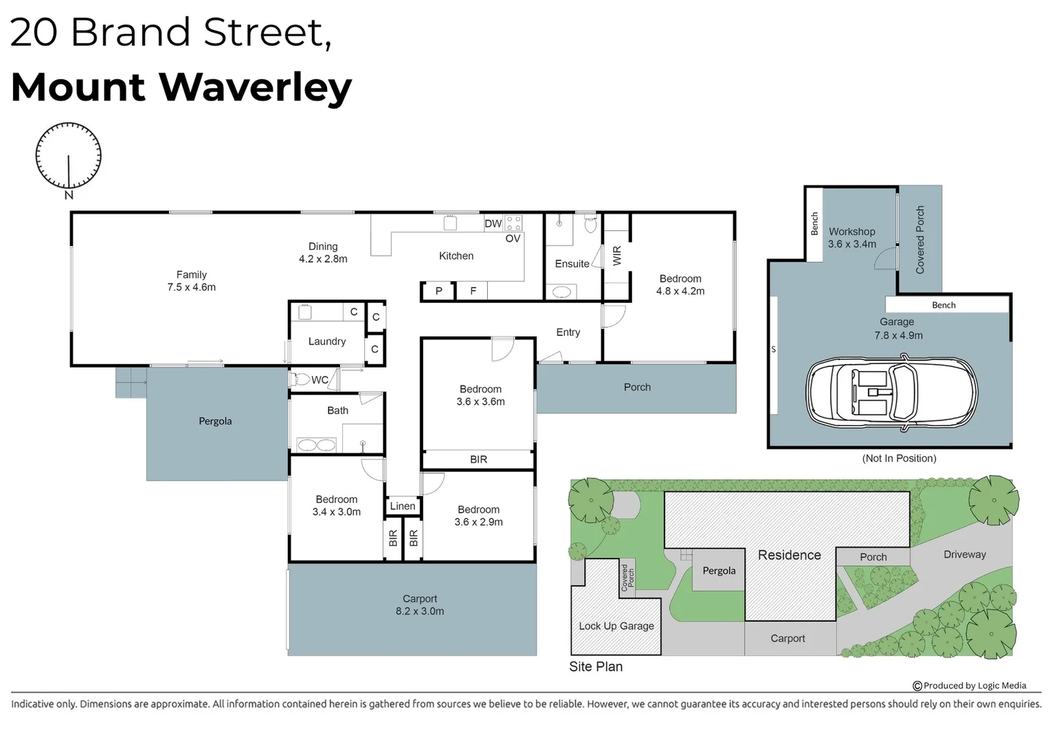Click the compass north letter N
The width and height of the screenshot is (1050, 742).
[x=69, y=195]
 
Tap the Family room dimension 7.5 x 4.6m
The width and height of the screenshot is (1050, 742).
[x=191, y=287]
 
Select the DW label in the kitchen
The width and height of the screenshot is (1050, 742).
[x=493, y=223]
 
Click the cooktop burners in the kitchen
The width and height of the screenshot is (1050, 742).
[x=513, y=223]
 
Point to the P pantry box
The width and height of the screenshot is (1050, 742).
[x=438, y=291]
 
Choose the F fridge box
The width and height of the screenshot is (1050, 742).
[x=473, y=291]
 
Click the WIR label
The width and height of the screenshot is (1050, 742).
[x=617, y=256]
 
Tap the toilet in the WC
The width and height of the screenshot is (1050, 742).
[x=300, y=379]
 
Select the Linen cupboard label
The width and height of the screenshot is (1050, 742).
[x=403, y=506]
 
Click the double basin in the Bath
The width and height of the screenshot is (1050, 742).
[x=316, y=445]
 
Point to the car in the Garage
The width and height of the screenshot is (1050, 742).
[x=891, y=392]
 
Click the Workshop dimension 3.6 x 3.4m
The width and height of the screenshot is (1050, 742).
[x=851, y=244]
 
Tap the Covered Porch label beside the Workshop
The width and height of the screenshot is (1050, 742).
[x=919, y=240]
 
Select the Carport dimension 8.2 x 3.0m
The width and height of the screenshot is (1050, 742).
[x=420, y=611]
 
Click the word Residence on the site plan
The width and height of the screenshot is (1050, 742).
[x=790, y=555]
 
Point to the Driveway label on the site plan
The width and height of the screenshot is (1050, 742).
[x=965, y=554]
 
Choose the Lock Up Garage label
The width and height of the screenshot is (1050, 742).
[x=616, y=626]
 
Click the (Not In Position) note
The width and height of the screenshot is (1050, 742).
[x=899, y=458]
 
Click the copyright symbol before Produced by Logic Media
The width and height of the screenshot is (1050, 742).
[x=917, y=686]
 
